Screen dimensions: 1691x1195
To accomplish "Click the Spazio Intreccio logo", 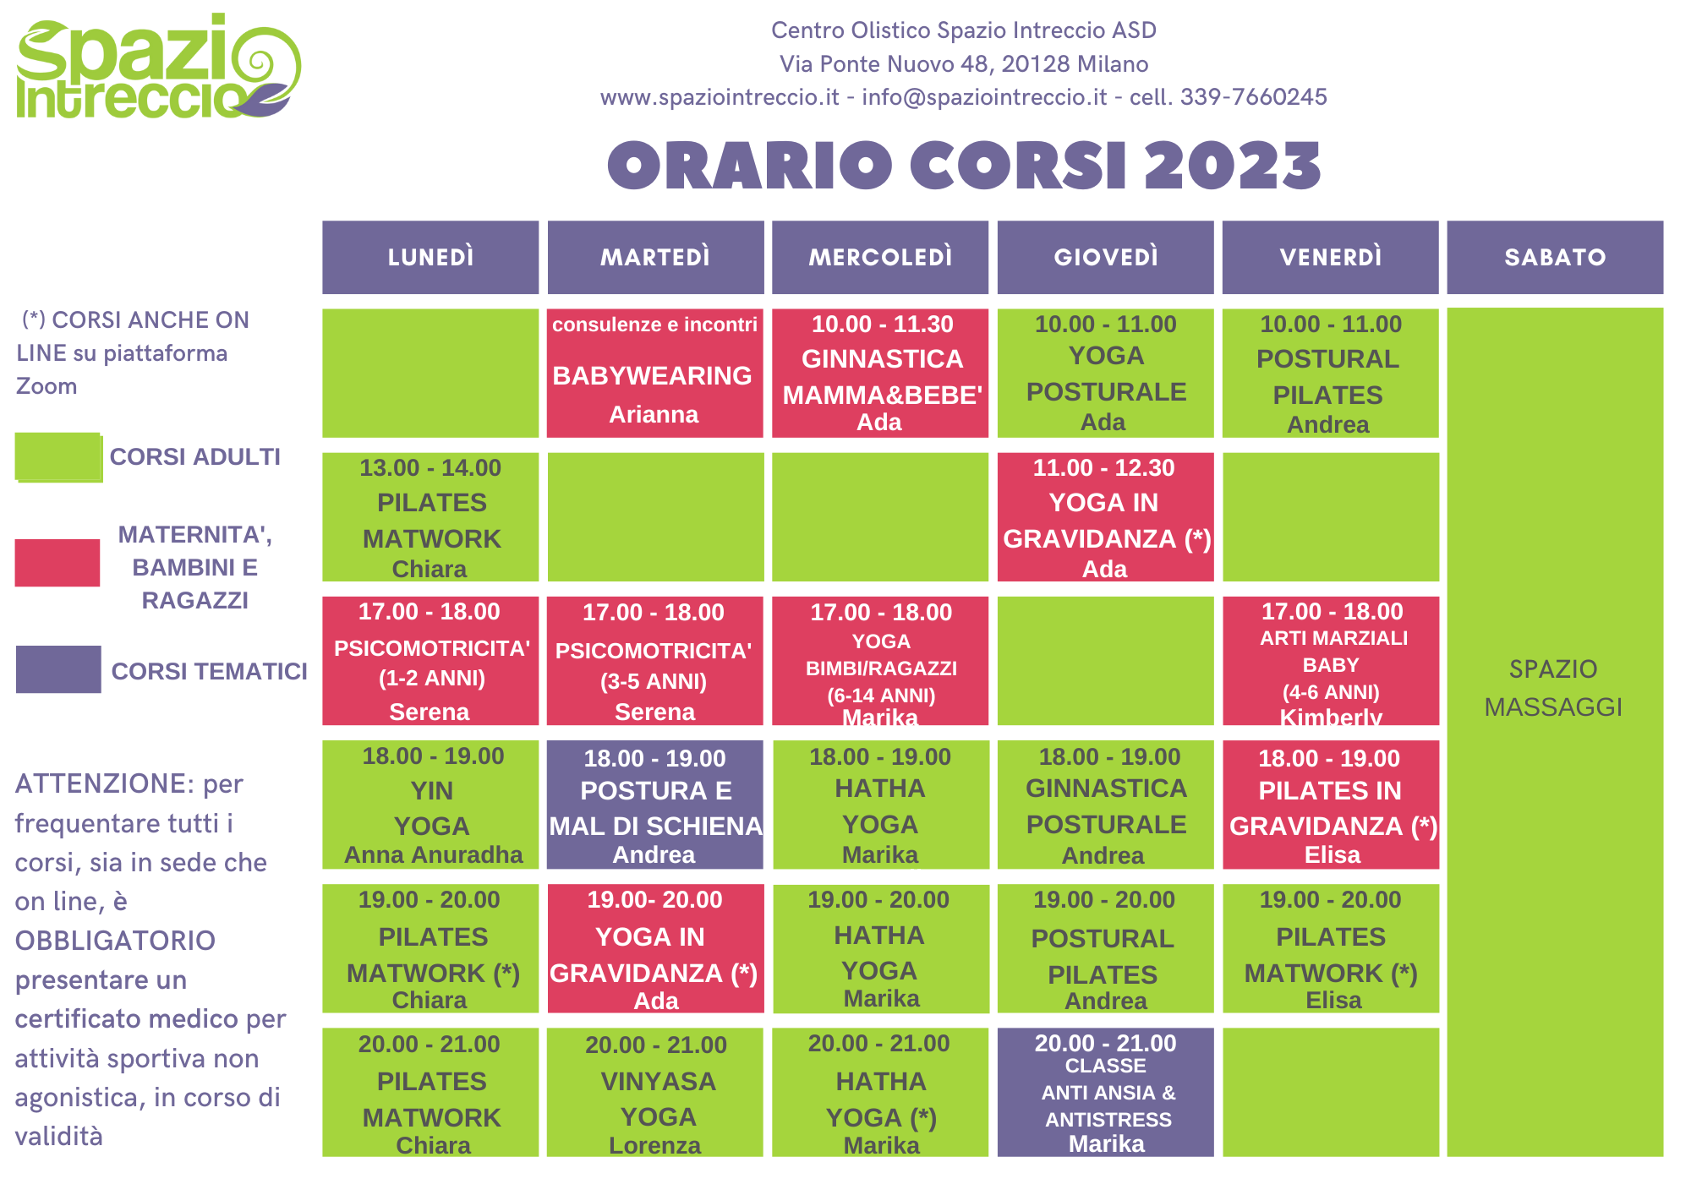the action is [158, 66].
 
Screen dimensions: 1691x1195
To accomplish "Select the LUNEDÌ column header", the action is [430, 257].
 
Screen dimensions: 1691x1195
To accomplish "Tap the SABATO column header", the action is [1555, 257].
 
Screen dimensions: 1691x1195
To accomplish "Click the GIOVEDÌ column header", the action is [1105, 257].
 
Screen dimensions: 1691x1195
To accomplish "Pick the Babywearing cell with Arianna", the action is [655, 373].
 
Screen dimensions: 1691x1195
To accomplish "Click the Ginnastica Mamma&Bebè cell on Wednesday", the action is [880, 373].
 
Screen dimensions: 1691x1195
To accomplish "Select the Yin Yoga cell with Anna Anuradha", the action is [430, 805].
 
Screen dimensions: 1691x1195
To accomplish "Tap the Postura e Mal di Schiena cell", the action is [655, 805].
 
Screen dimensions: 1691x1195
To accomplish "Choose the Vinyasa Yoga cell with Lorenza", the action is [655, 1092].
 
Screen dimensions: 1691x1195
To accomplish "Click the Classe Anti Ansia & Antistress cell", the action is [1105, 1092].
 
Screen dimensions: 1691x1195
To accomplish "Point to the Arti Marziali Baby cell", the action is [1331, 661].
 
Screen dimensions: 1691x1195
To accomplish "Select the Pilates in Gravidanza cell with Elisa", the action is [1331, 805].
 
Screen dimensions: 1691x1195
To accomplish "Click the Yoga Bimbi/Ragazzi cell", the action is [880, 661].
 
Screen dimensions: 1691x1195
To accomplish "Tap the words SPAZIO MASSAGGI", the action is [1554, 688].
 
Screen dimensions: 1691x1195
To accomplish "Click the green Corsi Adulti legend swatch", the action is [58, 457].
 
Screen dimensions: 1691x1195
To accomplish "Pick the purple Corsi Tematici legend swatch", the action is [58, 669].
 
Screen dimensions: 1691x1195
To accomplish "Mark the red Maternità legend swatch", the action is [57, 563].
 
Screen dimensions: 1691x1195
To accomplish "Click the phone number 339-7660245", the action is [1254, 97].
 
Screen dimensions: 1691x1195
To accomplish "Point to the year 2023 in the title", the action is [1233, 165].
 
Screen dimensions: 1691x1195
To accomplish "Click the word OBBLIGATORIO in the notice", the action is [115, 941].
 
